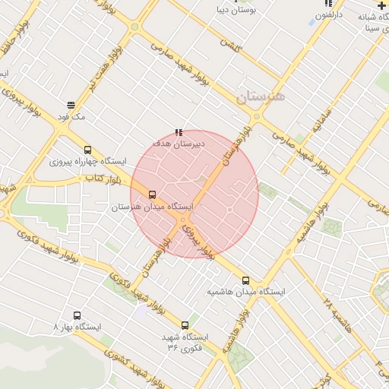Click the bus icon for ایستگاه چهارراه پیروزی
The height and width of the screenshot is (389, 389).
(88, 150)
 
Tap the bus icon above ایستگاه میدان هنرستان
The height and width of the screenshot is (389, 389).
(153, 194)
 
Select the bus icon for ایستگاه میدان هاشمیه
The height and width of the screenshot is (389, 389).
(245, 280)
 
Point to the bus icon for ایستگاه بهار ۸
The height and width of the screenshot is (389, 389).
(77, 315)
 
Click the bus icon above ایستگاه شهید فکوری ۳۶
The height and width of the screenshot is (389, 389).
(185, 325)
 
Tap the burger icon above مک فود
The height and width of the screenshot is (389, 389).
(71, 106)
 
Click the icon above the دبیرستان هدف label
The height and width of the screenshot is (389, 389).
(179, 132)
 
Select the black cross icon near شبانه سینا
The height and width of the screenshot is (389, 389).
(381, 5)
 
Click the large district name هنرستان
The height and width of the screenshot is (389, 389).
(260, 96)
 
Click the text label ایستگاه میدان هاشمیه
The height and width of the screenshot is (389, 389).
(246, 292)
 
